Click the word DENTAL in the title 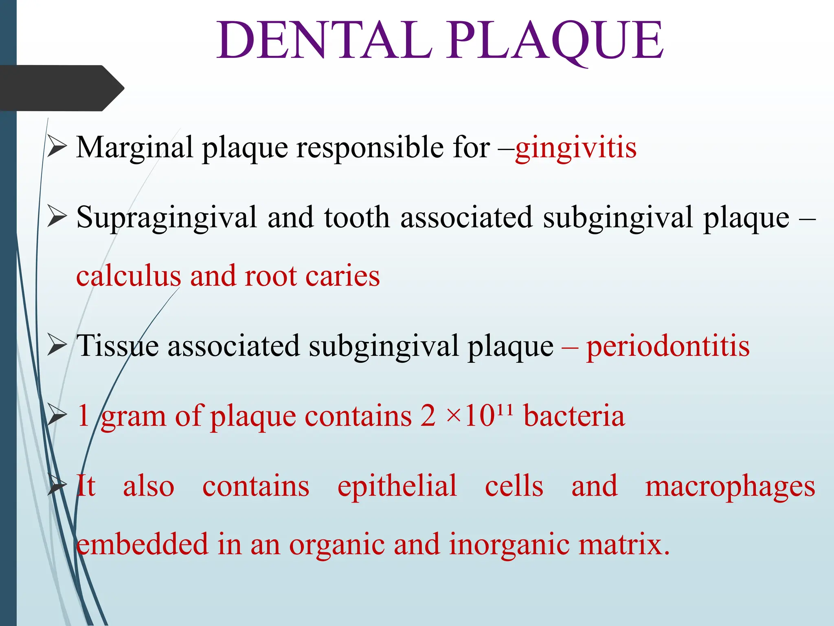[324, 41]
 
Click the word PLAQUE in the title [556, 41]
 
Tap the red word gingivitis [576, 148]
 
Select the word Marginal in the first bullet [134, 148]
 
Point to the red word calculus [128, 276]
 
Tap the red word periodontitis [668, 346]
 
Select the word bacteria [574, 416]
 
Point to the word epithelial [397, 486]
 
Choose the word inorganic [509, 545]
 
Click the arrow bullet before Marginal [57, 147]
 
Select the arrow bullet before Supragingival [57, 216]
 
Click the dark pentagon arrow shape [61, 88]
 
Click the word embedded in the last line [143, 545]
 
